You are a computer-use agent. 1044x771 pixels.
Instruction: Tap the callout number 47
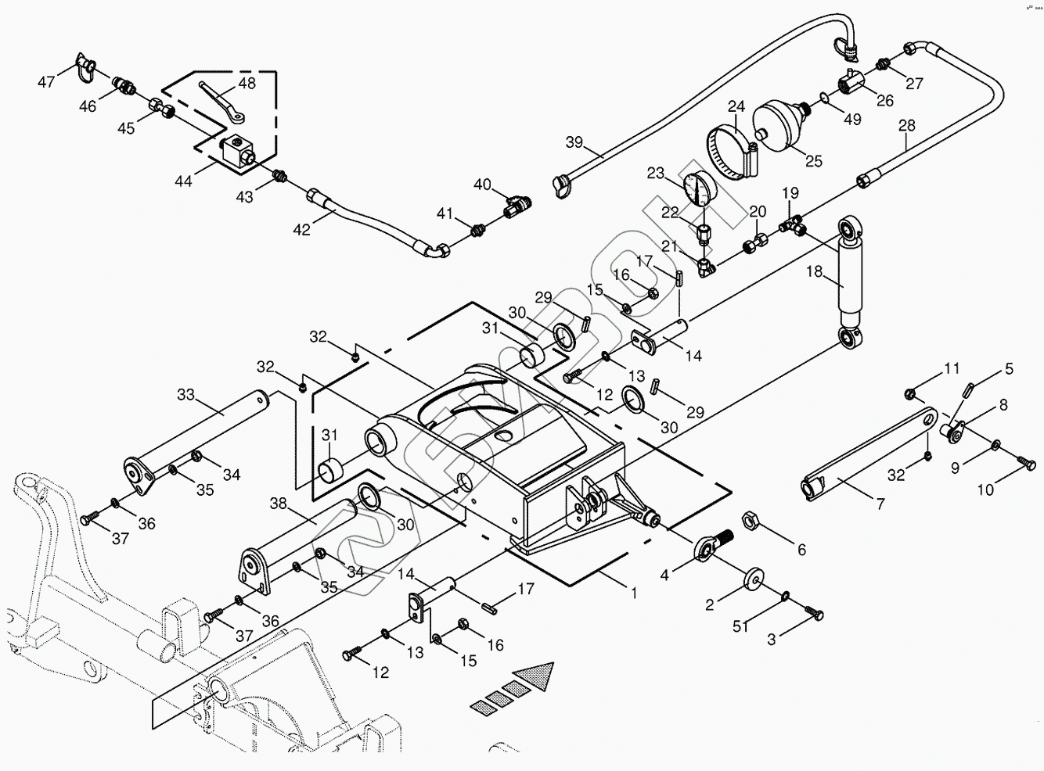[47, 81]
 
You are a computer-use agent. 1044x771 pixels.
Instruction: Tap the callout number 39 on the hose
[575, 142]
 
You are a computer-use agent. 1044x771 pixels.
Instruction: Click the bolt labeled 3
[815, 615]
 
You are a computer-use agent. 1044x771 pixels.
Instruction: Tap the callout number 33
[185, 395]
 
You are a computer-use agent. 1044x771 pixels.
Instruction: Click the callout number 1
[634, 593]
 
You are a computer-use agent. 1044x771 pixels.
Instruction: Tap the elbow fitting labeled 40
[516, 206]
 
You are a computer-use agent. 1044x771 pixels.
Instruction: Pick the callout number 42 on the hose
[301, 230]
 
